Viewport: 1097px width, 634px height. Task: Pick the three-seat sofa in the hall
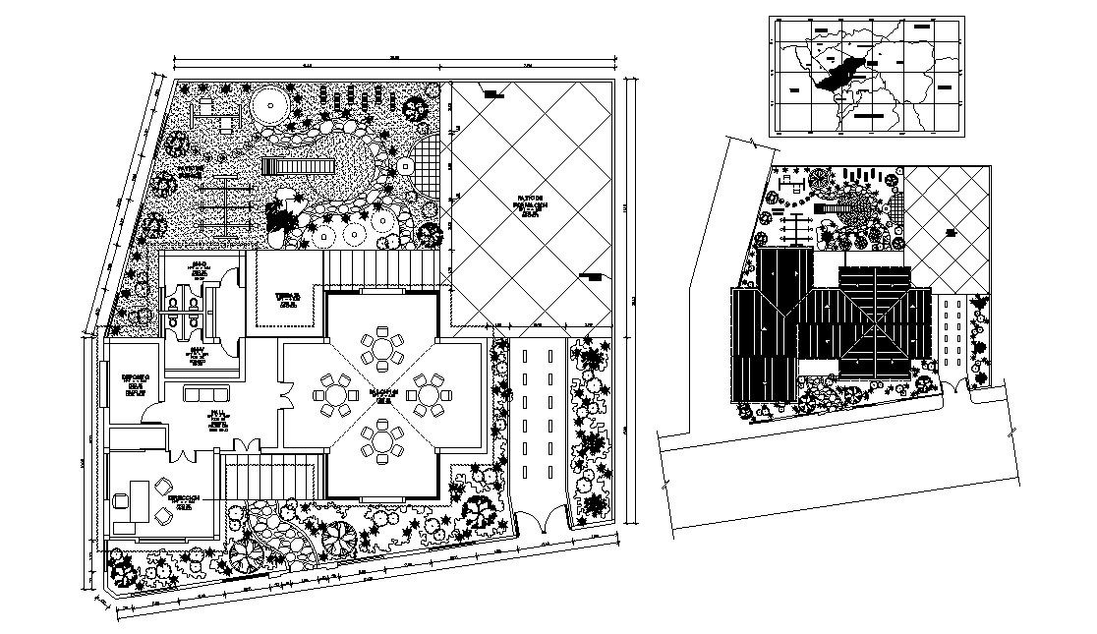click(205, 395)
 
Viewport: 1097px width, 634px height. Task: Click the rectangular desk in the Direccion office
click(136, 500)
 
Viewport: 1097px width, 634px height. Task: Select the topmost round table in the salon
click(381, 349)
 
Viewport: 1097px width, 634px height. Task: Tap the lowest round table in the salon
click(381, 441)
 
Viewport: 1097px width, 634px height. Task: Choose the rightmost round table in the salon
click(430, 395)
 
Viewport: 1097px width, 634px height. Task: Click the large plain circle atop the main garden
click(267, 105)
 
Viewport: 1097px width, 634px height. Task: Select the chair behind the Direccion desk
click(121, 500)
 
